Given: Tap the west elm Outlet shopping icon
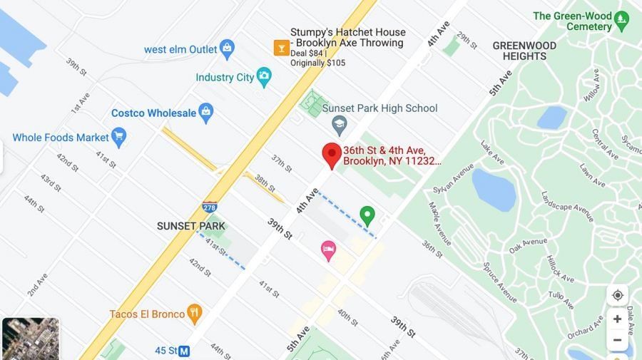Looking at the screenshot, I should pyautogui.click(x=228, y=49).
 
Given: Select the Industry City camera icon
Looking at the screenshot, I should pyautogui.click(x=264, y=77).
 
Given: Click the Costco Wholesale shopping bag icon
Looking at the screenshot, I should pyautogui.click(x=206, y=113).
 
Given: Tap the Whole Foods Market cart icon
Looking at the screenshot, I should pyautogui.click(x=118, y=137).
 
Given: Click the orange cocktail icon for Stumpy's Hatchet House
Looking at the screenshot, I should pyautogui.click(x=281, y=48).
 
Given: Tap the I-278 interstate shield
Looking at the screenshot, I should pyautogui.click(x=210, y=207).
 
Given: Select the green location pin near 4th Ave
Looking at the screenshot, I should pyautogui.click(x=367, y=215).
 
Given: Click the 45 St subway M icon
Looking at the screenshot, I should pyautogui.click(x=184, y=351).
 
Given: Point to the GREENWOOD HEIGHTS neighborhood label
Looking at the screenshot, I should pyautogui.click(x=524, y=51).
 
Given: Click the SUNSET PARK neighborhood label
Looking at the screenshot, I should pyautogui.click(x=190, y=226).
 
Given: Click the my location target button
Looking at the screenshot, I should pyautogui.click(x=617, y=295).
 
